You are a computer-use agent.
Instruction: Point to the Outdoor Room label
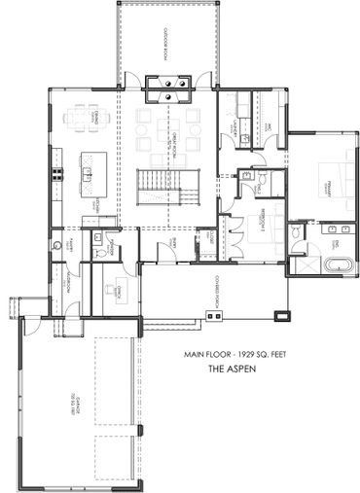point(166,44)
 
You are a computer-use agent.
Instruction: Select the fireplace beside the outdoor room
point(168,89)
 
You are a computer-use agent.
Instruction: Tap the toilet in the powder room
point(98,252)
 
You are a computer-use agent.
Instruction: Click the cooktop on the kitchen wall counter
point(56,175)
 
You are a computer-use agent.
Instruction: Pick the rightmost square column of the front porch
point(281,315)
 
